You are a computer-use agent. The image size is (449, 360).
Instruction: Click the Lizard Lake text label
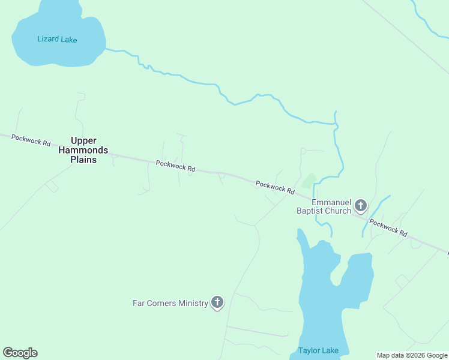click(x=57, y=40)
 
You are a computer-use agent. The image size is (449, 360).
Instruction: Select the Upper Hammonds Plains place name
click(x=83, y=151)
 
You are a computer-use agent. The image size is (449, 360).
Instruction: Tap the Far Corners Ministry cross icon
click(x=217, y=303)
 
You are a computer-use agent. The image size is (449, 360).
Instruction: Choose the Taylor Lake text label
click(x=318, y=351)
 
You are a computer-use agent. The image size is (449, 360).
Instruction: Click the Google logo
click(x=20, y=353)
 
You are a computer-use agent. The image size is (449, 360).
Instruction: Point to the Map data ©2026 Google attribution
click(x=412, y=355)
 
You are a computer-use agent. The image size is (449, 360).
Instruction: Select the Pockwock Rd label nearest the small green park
click(x=275, y=187)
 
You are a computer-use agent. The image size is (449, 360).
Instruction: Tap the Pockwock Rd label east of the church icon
click(x=388, y=227)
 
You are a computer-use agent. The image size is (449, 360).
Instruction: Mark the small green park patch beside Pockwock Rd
click(x=309, y=180)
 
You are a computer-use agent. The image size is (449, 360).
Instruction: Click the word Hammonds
click(x=83, y=151)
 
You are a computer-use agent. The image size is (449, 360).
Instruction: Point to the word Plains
click(x=83, y=160)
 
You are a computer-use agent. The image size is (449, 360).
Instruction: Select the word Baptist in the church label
click(x=310, y=211)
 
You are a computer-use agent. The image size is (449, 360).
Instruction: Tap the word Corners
click(x=162, y=304)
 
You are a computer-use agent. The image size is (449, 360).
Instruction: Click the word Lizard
click(x=48, y=40)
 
